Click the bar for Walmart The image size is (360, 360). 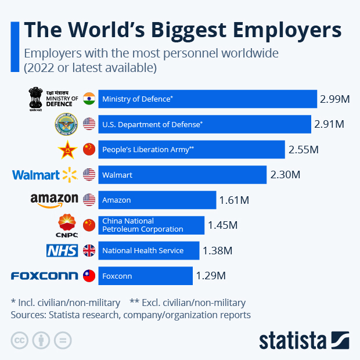[182, 175]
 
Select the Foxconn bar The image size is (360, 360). [145, 276]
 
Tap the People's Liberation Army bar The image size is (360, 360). [192, 149]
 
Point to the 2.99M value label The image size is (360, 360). [334, 99]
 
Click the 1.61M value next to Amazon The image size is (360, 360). [234, 200]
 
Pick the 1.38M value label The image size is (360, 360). [217, 251]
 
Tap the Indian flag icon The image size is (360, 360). [89, 98]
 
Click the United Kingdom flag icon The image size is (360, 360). [89, 250]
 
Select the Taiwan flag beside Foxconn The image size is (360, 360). [89, 276]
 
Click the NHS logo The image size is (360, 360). [62, 251]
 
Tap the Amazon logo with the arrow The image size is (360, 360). [54, 200]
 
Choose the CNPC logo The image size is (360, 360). [67, 225]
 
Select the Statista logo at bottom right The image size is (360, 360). [304, 340]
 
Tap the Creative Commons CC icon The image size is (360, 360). [20, 340]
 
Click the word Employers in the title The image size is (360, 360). [285, 30]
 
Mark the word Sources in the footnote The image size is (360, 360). [29, 315]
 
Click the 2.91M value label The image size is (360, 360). [329, 124]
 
